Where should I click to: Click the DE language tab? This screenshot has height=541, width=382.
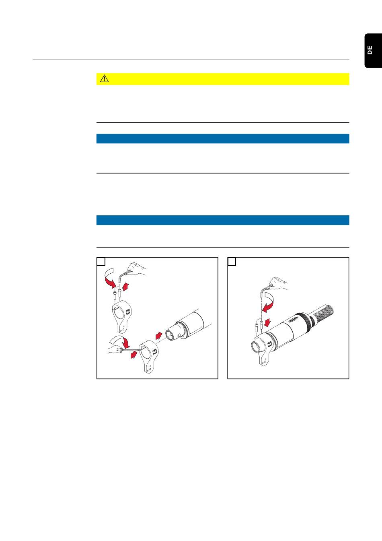pos(373,51)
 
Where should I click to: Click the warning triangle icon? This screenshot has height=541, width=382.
pos(104,79)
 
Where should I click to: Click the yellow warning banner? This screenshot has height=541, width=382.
pos(223,79)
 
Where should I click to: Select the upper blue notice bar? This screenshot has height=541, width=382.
pos(223,138)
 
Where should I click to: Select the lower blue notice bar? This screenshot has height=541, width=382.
pos(223,220)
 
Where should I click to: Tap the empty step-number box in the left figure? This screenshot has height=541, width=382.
pos(101,262)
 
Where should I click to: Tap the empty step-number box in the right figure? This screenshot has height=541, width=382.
pos(232,262)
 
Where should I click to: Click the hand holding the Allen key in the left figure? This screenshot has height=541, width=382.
pos(137,269)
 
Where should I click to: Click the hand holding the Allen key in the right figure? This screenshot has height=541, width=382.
pos(279,283)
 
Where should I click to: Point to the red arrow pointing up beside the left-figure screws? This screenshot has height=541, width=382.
pos(125,287)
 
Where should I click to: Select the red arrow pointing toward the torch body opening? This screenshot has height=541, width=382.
pos(159,335)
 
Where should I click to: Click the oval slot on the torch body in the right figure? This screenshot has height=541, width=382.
pos(294,319)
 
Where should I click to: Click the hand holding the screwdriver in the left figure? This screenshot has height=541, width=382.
pos(115,349)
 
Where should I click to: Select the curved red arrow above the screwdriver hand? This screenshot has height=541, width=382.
pos(120,341)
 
